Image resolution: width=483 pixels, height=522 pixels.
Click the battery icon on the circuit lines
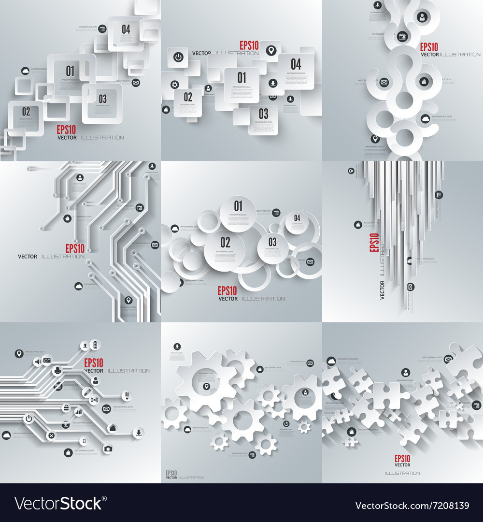point(95,344)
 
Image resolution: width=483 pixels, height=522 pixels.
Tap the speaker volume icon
point(37,361)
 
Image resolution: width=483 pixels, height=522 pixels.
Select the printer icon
point(57,371)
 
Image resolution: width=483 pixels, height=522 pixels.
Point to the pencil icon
point(87,391)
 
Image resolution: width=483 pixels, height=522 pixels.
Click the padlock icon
point(65,409)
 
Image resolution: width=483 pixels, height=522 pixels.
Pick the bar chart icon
point(78,412)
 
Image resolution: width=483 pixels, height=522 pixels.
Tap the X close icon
point(51,436)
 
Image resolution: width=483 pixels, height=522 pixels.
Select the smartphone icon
point(84,441)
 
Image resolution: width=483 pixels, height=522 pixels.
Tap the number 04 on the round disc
point(297,218)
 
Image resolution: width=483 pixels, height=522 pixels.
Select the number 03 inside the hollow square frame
point(102,99)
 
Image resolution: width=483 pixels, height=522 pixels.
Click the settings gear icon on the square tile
point(175,85)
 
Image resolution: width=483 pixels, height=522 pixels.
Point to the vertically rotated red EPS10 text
point(373,243)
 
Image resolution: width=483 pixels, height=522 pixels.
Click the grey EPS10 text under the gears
point(171,473)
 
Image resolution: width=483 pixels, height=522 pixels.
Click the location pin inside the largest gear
point(206,385)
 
